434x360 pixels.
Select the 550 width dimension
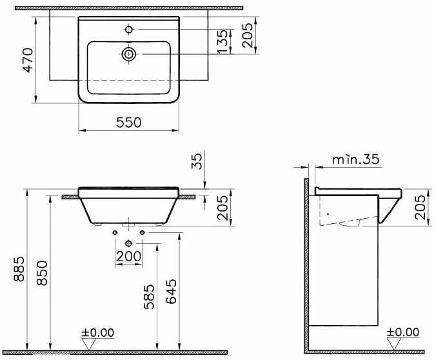click(129, 122)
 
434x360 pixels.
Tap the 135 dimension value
click(222, 43)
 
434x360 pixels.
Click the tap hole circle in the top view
click(129, 30)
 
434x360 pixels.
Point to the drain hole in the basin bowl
click(129, 55)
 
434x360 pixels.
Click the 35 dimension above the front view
click(198, 161)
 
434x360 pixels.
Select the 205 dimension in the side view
click(420, 207)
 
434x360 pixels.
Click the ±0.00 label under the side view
click(402, 333)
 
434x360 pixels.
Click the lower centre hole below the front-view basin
click(129, 243)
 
